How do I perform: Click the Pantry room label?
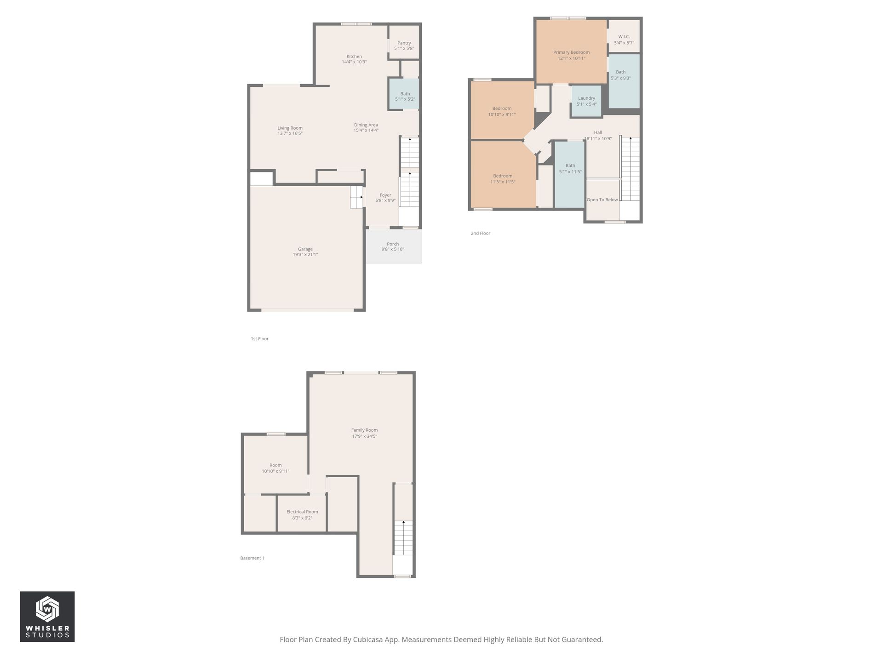point(404,43)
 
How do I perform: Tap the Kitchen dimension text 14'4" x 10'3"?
point(354,62)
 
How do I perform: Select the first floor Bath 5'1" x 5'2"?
point(405,97)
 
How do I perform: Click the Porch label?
point(393,244)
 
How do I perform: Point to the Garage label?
point(305,249)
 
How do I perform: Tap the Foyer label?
point(385,195)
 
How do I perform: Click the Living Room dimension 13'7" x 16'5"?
point(290,134)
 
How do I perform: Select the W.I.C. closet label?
point(624,37)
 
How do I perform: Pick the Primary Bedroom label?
point(571,52)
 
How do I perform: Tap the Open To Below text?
point(602,200)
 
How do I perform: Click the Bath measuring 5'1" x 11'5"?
point(570,169)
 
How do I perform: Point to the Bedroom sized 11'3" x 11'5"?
point(503,179)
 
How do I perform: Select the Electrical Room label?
point(302,512)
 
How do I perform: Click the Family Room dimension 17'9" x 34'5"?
point(364,436)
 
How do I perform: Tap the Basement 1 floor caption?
point(252,558)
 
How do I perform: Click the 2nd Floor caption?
point(480,234)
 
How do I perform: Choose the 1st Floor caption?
point(259,339)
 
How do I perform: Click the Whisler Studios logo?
point(47,616)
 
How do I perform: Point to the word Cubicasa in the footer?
point(368,639)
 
